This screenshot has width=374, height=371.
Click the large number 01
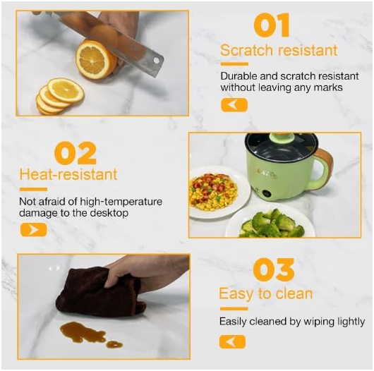272,25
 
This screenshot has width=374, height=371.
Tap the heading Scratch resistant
279,51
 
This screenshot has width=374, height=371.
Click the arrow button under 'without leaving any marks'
234,105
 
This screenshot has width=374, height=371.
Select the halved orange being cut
97,60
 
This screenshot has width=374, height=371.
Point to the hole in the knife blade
156,61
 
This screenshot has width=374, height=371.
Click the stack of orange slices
60,96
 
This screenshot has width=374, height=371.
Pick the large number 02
76,153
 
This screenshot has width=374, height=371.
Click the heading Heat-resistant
68,175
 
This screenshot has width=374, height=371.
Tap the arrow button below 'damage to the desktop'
33,230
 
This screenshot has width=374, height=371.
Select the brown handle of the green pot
324,168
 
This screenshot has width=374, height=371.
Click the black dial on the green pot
267,193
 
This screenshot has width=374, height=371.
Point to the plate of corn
218,192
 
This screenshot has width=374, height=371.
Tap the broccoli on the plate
272,224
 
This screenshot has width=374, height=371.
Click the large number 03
274,269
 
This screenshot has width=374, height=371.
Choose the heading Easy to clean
266,294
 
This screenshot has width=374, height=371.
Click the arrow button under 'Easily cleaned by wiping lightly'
232,341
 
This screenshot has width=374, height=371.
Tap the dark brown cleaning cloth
100,293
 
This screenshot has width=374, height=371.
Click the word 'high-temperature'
121,202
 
